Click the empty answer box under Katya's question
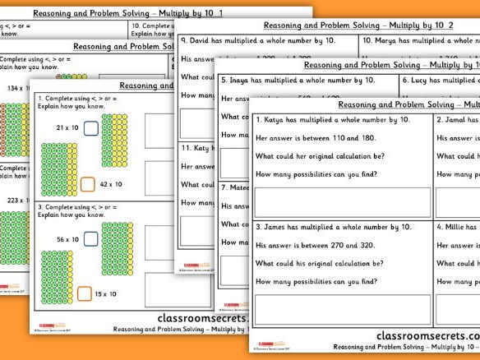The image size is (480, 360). coord(342,201)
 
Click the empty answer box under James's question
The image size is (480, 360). coord(342,309)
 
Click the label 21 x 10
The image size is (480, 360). coord(67,128)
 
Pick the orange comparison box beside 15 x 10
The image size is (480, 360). coord(88,293)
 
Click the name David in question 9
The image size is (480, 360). coord(205,40)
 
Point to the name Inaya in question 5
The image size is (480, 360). coord(247,81)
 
